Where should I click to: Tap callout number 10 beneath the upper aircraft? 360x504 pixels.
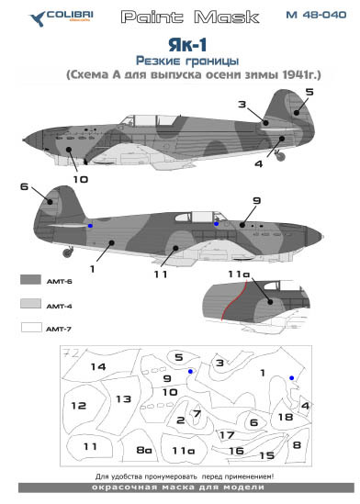(80, 179)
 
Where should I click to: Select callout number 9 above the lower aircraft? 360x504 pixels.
(257, 200)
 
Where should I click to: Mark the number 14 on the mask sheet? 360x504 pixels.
(97, 367)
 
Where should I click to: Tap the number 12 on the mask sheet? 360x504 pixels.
(80, 405)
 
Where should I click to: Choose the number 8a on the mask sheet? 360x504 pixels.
(143, 450)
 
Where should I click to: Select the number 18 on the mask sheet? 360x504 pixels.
(286, 417)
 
